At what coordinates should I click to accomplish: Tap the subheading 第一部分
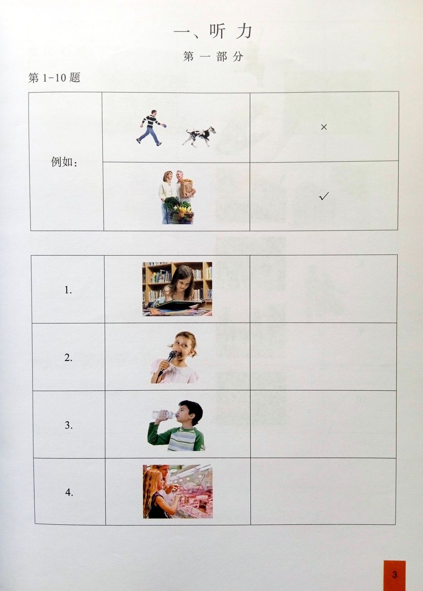click(x=213, y=57)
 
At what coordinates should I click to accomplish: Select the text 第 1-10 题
click(x=54, y=78)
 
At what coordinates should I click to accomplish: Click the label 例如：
click(x=64, y=162)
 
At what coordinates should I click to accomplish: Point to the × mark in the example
click(x=324, y=127)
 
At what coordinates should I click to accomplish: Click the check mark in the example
click(x=324, y=196)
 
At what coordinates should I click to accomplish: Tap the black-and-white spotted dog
click(x=199, y=136)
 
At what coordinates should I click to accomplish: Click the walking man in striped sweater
click(x=150, y=128)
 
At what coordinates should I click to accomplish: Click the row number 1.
click(x=68, y=291)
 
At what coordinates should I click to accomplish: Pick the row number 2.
click(x=68, y=358)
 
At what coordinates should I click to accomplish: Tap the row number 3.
click(x=68, y=426)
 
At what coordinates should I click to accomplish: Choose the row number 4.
click(x=69, y=492)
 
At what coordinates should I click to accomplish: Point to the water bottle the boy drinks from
click(x=164, y=415)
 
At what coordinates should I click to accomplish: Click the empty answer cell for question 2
click(x=323, y=357)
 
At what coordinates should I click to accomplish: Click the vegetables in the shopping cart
click(x=179, y=206)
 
